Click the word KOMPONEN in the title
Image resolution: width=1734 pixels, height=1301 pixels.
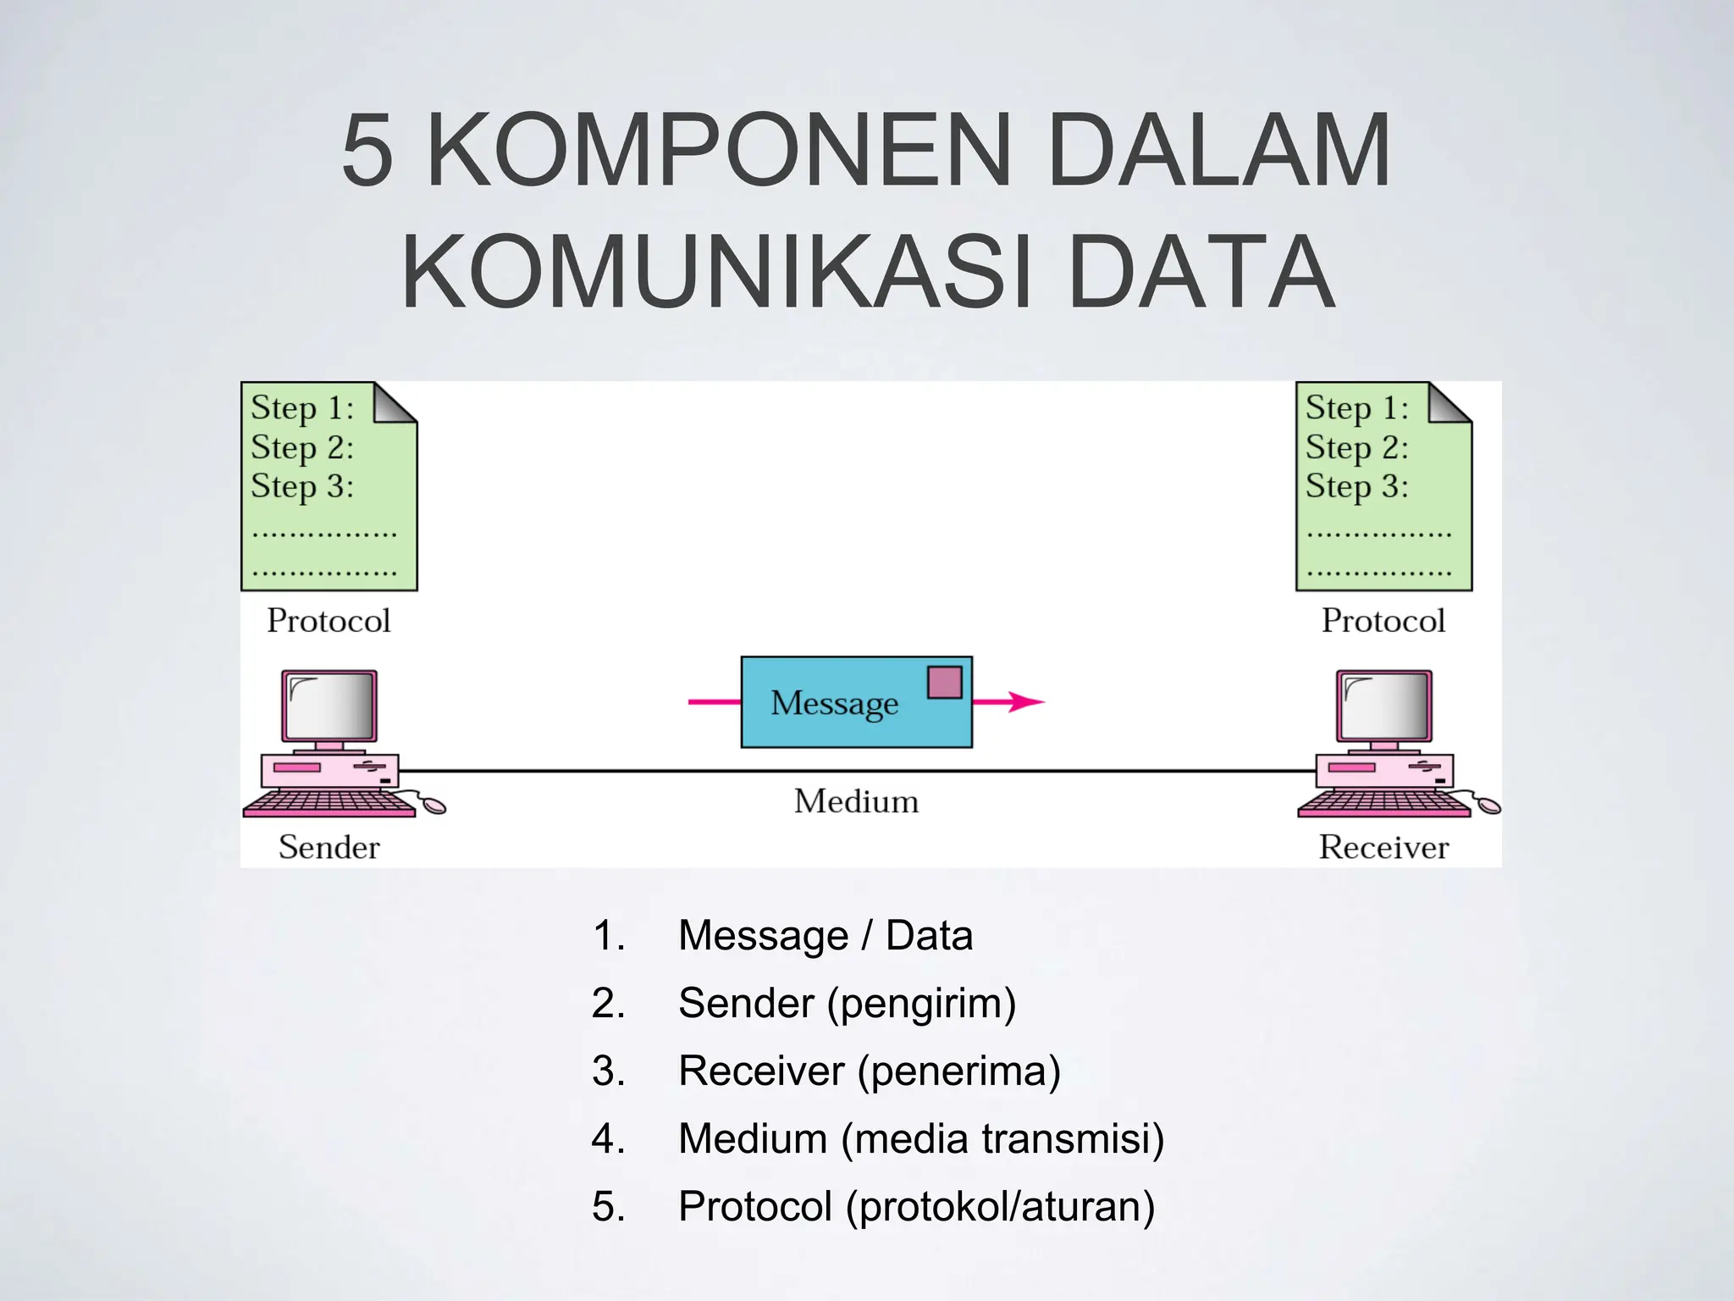click(719, 151)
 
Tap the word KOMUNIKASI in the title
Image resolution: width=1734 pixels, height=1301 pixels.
click(716, 273)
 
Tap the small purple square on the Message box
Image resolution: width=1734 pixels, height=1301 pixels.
click(944, 683)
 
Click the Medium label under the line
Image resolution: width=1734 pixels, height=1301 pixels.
click(856, 801)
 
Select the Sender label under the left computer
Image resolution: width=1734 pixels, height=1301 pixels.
click(329, 847)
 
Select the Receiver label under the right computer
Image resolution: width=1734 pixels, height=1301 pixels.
click(1383, 847)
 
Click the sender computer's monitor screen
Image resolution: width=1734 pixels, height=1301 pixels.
click(329, 706)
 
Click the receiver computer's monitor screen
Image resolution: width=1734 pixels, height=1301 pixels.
click(1383, 706)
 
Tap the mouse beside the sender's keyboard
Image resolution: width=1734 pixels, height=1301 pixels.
click(433, 805)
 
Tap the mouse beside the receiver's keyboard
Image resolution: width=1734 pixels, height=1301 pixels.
click(1488, 805)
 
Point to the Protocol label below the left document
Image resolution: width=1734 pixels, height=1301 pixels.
click(329, 621)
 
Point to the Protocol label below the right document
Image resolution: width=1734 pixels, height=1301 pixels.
click(1383, 621)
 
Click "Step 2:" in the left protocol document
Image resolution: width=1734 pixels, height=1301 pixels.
click(302, 447)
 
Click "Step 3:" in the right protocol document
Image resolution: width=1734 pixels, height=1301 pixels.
click(1356, 487)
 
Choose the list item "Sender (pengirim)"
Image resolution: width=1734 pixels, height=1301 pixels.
click(847, 1004)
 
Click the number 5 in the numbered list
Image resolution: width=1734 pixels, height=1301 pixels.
click(608, 1207)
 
